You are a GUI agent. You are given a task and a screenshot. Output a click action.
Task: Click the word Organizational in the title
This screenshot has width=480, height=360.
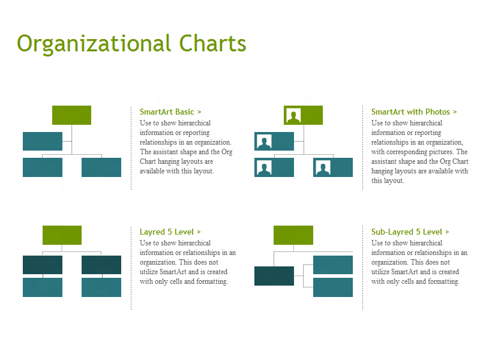94,44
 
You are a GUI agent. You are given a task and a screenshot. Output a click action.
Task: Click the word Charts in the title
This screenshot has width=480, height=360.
212,43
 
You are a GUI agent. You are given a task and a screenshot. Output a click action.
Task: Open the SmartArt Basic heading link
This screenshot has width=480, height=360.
170,112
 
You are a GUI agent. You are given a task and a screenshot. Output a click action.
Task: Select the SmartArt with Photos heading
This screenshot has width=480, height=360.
414,112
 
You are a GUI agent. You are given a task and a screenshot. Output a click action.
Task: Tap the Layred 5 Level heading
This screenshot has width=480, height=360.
170,232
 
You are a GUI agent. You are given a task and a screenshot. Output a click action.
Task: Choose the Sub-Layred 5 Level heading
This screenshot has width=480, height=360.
410,232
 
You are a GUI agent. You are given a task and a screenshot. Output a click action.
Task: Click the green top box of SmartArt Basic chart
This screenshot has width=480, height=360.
71,115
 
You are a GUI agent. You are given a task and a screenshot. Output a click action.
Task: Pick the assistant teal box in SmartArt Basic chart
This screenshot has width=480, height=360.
43,141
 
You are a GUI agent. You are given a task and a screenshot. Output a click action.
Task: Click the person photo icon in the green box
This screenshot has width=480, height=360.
293,115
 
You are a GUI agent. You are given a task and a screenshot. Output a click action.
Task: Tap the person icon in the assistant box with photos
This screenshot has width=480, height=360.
264,142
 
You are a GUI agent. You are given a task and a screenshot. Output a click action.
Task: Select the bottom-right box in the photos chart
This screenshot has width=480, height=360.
333,167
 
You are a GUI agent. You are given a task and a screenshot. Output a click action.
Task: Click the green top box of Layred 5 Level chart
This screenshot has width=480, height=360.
62,235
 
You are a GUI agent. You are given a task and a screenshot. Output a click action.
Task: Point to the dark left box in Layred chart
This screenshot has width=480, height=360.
43,265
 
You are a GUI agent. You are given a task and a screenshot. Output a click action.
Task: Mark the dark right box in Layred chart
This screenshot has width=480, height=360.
101,265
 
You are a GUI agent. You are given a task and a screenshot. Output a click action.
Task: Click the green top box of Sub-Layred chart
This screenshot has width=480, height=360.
293,235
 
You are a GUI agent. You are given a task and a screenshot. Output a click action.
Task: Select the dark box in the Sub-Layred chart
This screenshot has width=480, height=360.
274,276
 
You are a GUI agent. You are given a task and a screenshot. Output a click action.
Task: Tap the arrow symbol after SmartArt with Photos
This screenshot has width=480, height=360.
455,112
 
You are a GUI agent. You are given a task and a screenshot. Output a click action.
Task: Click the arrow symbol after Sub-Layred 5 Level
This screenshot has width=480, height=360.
447,232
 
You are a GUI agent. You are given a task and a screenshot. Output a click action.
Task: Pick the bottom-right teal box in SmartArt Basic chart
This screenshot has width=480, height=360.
101,167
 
